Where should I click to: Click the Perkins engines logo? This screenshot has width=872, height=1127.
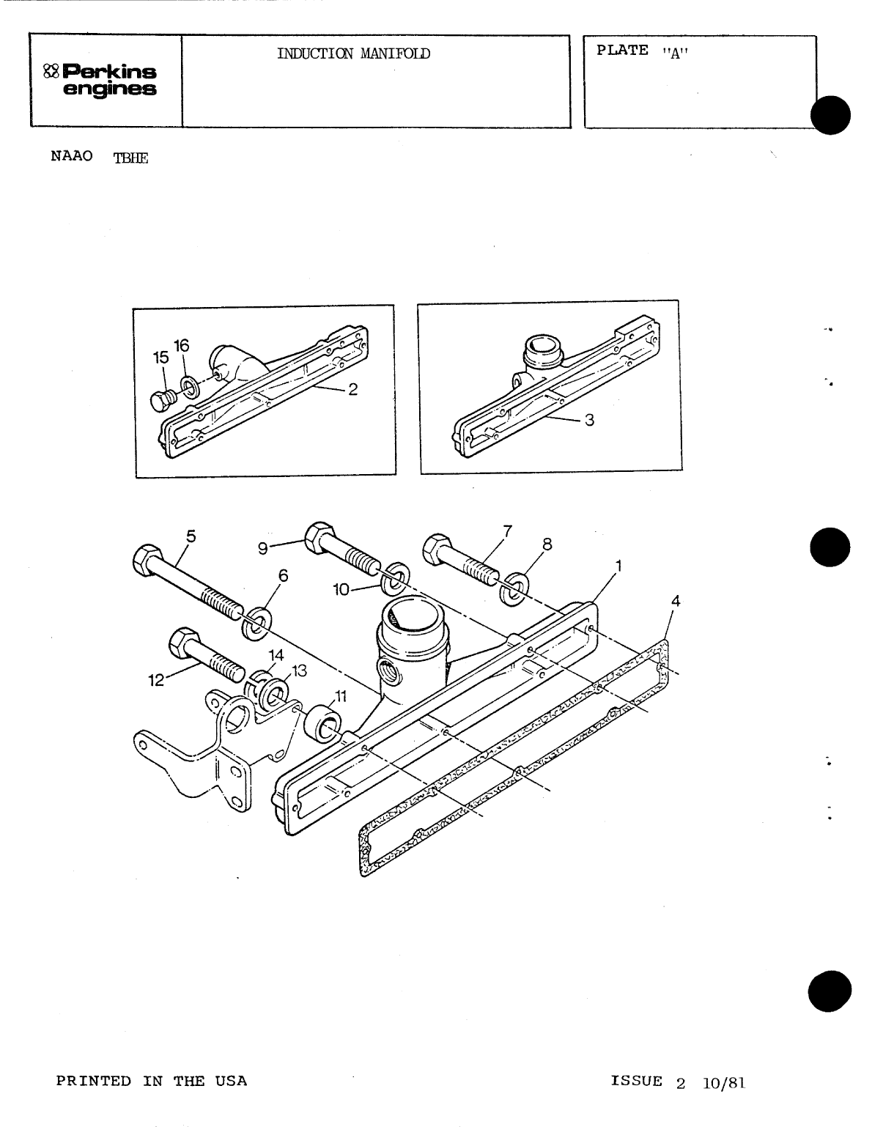100,81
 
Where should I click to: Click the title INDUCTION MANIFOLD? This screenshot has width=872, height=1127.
353,53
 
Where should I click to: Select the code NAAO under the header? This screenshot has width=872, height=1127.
72,157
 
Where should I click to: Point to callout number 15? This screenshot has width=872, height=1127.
160,358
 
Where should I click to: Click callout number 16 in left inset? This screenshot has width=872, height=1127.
181,345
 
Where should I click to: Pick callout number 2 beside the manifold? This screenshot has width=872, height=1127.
352,390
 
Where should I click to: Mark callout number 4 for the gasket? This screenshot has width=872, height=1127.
676,601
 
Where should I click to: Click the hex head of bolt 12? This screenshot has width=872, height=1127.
180,644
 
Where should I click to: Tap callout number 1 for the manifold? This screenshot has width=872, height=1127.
618,566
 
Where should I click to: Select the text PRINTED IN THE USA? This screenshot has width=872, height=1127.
152,1081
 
